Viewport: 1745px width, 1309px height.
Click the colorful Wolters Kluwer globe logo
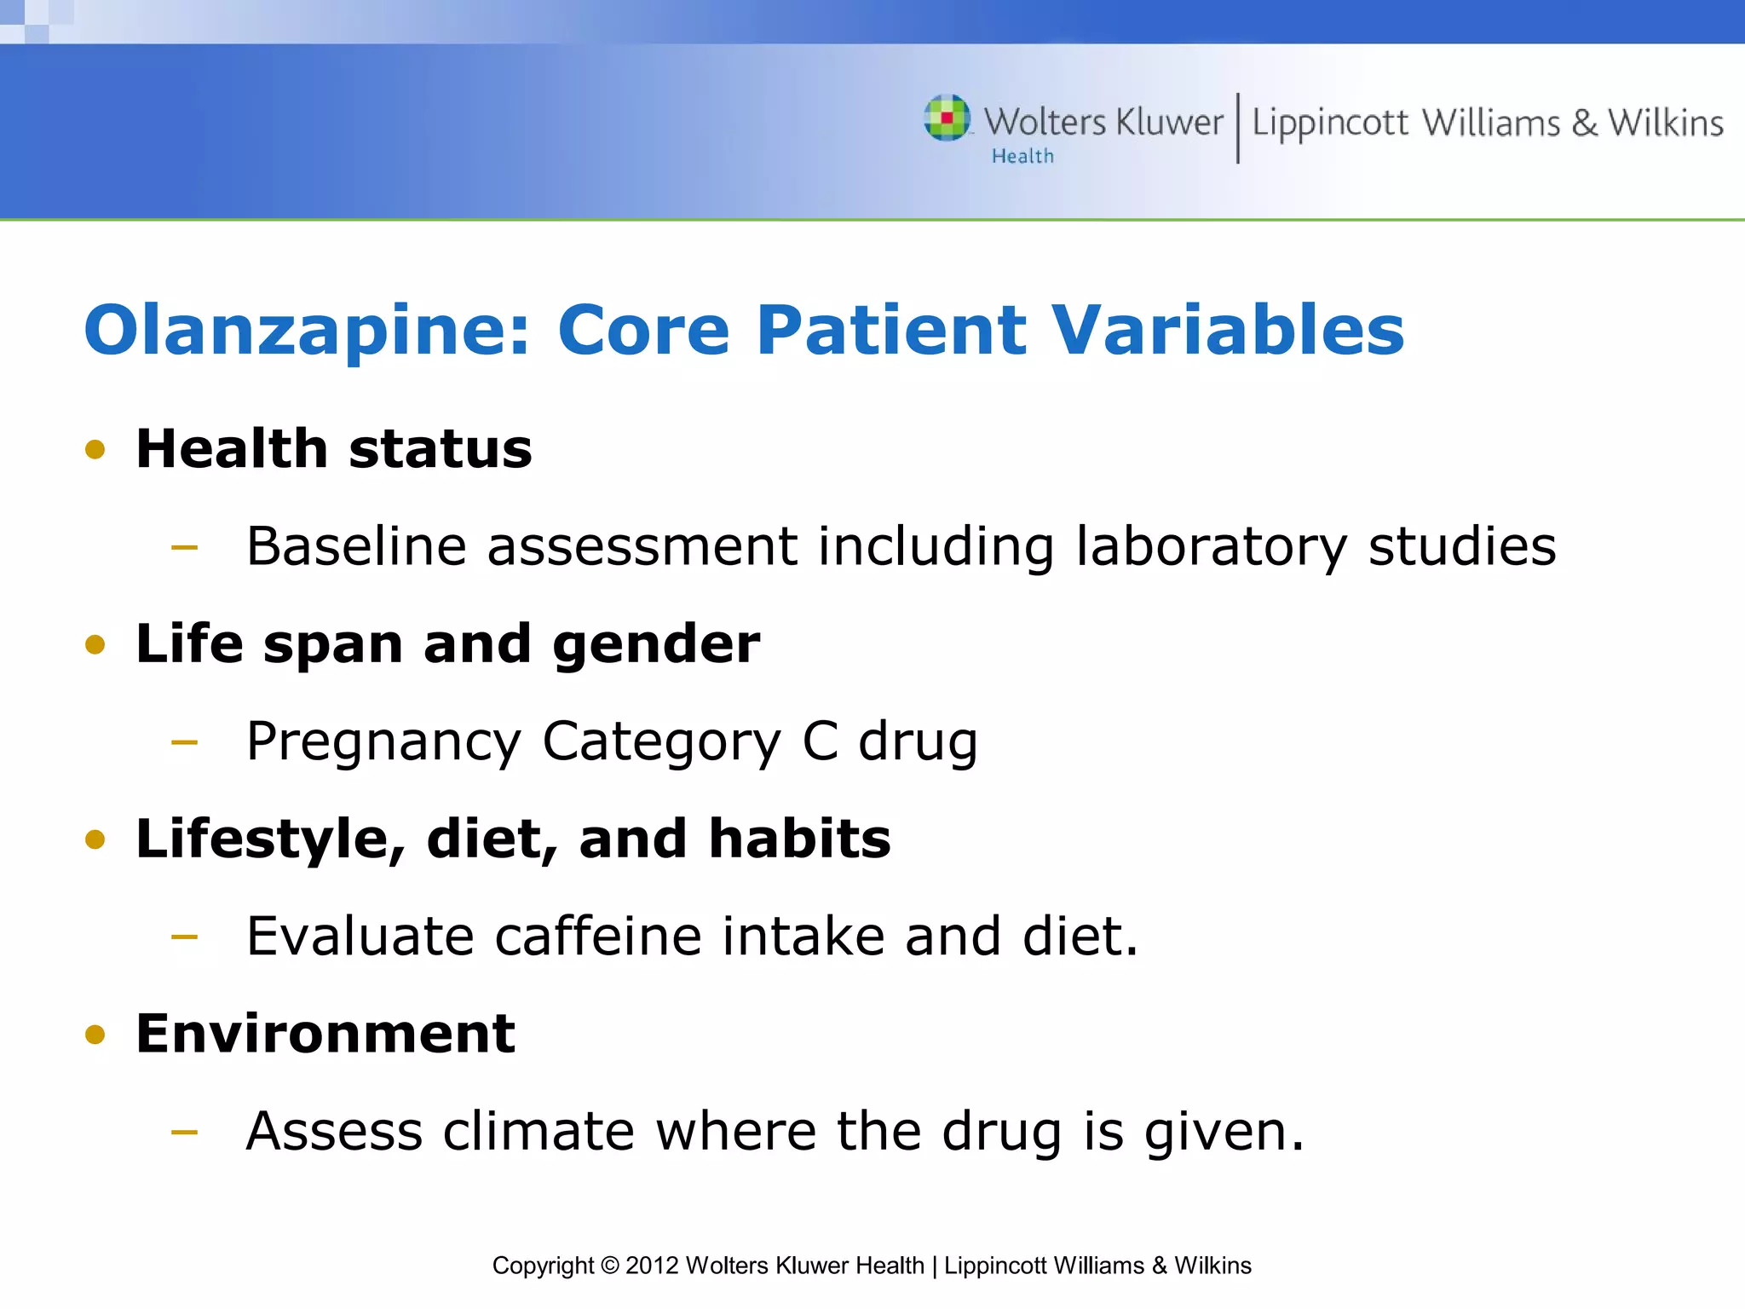coord(947,118)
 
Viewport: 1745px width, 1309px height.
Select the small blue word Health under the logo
coord(1022,156)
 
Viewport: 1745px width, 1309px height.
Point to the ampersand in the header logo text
coord(1584,124)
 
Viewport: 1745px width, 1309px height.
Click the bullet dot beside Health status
coord(95,449)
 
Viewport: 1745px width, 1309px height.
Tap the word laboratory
coord(1211,547)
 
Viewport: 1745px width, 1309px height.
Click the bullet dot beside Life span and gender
coord(95,644)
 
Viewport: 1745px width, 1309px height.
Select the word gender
coord(656,646)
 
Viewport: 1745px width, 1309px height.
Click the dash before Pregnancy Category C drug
coord(184,742)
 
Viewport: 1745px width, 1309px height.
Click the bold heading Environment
coord(325,1034)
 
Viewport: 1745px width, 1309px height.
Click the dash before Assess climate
coord(184,1133)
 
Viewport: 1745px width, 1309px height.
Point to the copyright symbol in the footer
coord(609,1266)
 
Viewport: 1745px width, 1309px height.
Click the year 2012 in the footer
coord(652,1266)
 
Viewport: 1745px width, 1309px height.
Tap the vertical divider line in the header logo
coord(1237,128)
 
